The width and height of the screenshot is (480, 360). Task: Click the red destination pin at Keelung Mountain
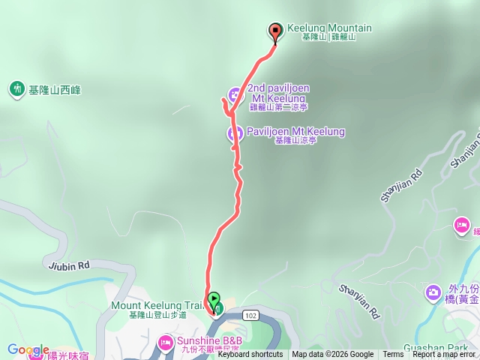tap(275, 31)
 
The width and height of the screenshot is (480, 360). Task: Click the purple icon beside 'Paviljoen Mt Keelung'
tap(235, 133)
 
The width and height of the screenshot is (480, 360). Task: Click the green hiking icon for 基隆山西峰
tap(16, 89)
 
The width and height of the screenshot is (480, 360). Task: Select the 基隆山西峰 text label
tap(55, 90)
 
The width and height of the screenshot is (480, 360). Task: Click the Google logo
tap(28, 350)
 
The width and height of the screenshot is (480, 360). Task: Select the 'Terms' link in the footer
tap(392, 355)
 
